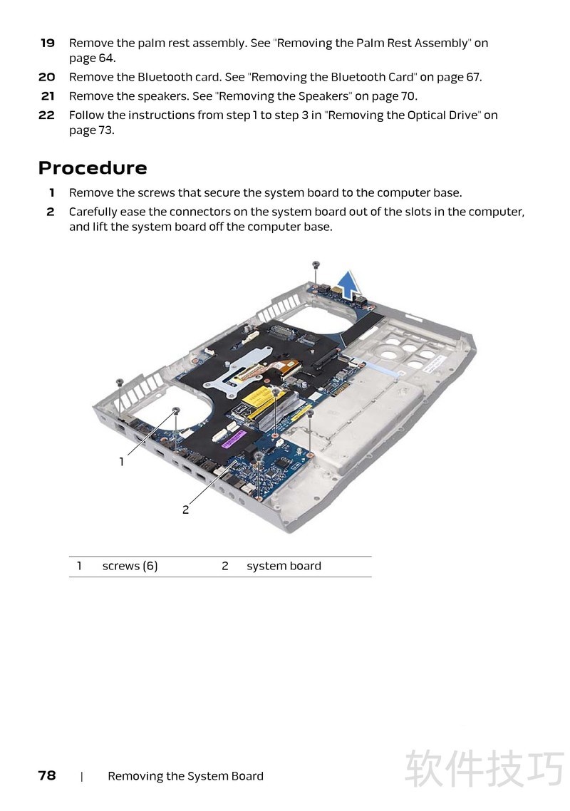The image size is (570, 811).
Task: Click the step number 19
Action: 47,43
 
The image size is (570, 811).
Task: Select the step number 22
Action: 46,115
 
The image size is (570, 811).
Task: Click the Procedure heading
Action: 93,168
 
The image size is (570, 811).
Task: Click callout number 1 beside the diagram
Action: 122,462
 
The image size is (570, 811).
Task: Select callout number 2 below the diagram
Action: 185,510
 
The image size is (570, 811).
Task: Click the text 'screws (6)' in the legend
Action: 130,567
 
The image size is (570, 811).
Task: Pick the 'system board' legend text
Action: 284,567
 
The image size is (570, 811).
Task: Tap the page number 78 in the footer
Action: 47,775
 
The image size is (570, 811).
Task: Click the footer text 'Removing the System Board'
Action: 185,776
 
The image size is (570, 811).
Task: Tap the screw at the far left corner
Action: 120,382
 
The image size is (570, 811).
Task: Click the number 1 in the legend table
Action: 79,567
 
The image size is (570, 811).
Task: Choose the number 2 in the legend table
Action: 224,567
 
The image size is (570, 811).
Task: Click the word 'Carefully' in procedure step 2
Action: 93,212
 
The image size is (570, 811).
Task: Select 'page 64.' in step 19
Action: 92,58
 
